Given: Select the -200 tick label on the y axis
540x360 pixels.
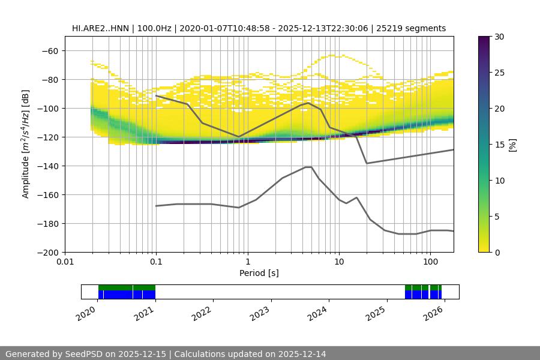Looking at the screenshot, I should click(49, 253).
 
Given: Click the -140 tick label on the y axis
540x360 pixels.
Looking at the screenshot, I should click(49, 166).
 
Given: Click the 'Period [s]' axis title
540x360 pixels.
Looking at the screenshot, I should click(259, 274).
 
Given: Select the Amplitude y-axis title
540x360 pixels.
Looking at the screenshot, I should click(26, 145).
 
